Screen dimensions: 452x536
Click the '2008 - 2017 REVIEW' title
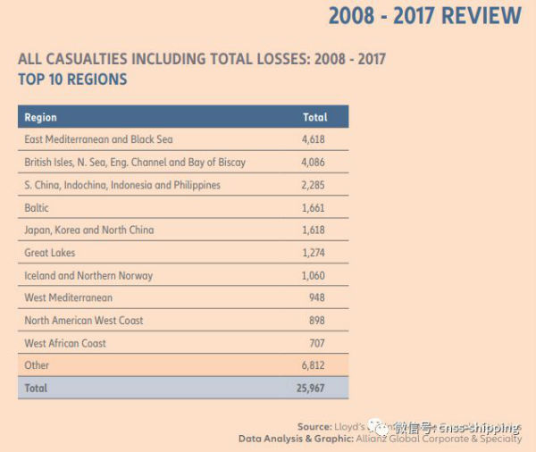tap(424, 16)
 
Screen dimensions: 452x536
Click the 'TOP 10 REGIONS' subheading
tap(72, 79)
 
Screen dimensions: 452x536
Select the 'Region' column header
tap(40, 117)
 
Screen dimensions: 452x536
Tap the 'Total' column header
tap(314, 117)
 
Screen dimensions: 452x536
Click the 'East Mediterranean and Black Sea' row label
tap(98, 139)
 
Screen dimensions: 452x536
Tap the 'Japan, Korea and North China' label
tap(88, 230)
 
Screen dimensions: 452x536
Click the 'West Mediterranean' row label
tap(68, 297)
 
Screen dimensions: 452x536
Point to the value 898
tap(316, 321)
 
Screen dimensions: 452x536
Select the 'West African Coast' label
tap(65, 343)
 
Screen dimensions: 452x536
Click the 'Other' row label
tap(37, 365)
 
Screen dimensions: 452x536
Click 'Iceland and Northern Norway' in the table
tap(88, 275)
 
